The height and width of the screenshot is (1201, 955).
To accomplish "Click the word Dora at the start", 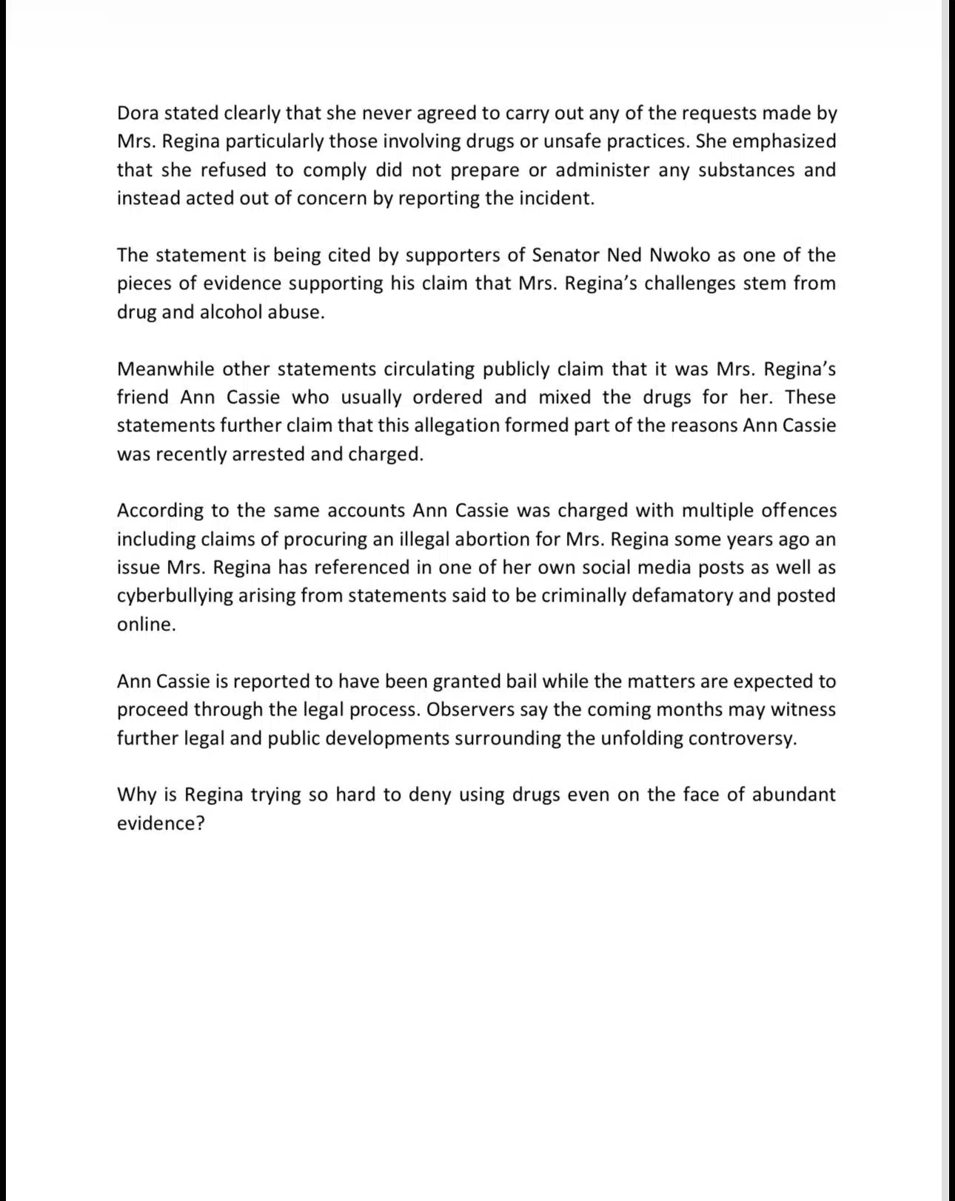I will click(x=138, y=113).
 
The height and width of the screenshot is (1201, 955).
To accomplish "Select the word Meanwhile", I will click(x=164, y=369).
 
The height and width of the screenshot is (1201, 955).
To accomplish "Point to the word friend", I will click(x=142, y=397).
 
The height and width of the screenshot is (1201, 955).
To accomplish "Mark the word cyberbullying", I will click(x=174, y=596).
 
